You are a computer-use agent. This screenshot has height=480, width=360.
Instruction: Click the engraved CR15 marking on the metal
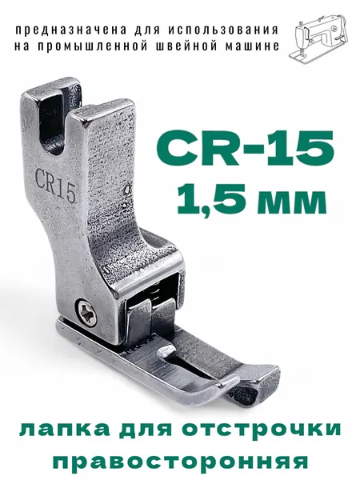[x=55, y=186]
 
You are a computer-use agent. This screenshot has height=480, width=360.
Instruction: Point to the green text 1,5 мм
[x=252, y=198]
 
